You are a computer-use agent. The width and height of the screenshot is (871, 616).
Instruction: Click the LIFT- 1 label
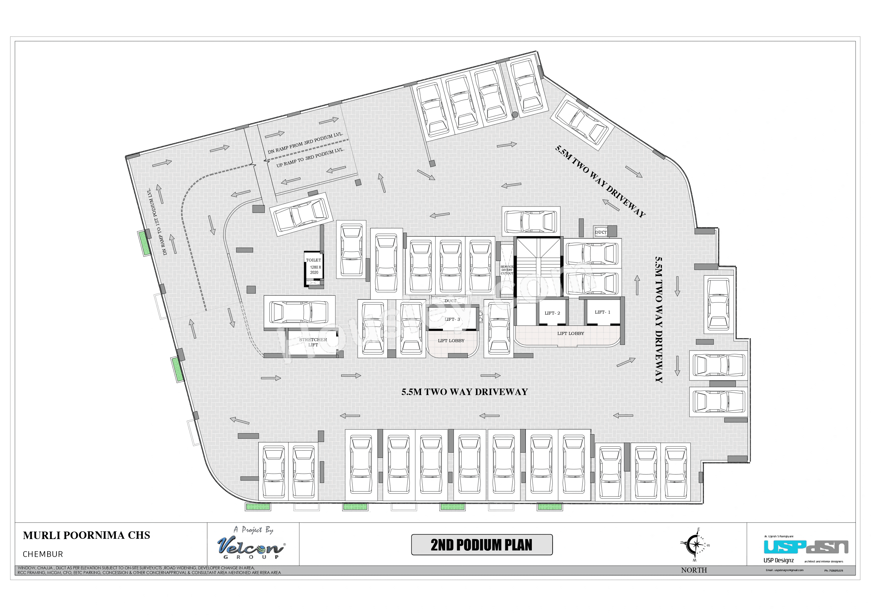[602, 312]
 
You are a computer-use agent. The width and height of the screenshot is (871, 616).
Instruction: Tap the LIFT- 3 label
[452, 319]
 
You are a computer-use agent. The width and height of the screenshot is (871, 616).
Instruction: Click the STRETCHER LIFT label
[313, 342]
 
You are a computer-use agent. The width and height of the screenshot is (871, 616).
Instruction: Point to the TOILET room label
[313, 260]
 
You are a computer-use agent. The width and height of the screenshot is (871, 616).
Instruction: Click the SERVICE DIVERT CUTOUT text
[507, 270]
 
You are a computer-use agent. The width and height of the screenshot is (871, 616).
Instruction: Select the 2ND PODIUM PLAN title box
[481, 545]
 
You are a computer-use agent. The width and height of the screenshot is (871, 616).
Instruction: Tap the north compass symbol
[695, 545]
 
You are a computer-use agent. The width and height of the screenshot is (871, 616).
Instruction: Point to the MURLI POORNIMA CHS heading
[86, 535]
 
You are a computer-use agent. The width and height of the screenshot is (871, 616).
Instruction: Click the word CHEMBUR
[43, 554]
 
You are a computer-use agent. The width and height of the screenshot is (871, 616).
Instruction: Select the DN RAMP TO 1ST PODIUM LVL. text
[157, 222]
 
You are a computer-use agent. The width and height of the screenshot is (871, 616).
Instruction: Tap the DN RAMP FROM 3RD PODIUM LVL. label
[305, 143]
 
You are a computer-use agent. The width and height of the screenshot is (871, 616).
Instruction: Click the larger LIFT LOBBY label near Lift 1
[571, 333]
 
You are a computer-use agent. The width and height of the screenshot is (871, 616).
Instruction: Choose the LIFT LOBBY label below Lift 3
[451, 341]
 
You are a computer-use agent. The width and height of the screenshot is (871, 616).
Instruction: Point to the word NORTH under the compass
[694, 570]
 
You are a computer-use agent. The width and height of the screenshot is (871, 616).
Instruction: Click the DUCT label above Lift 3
[451, 301]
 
